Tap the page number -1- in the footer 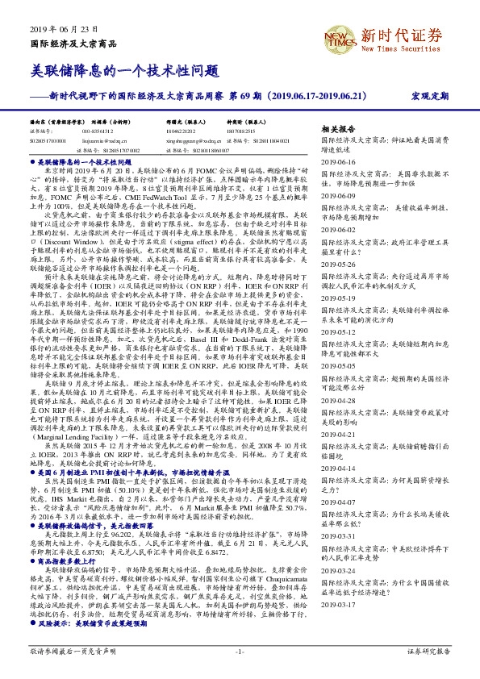click(239, 651)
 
